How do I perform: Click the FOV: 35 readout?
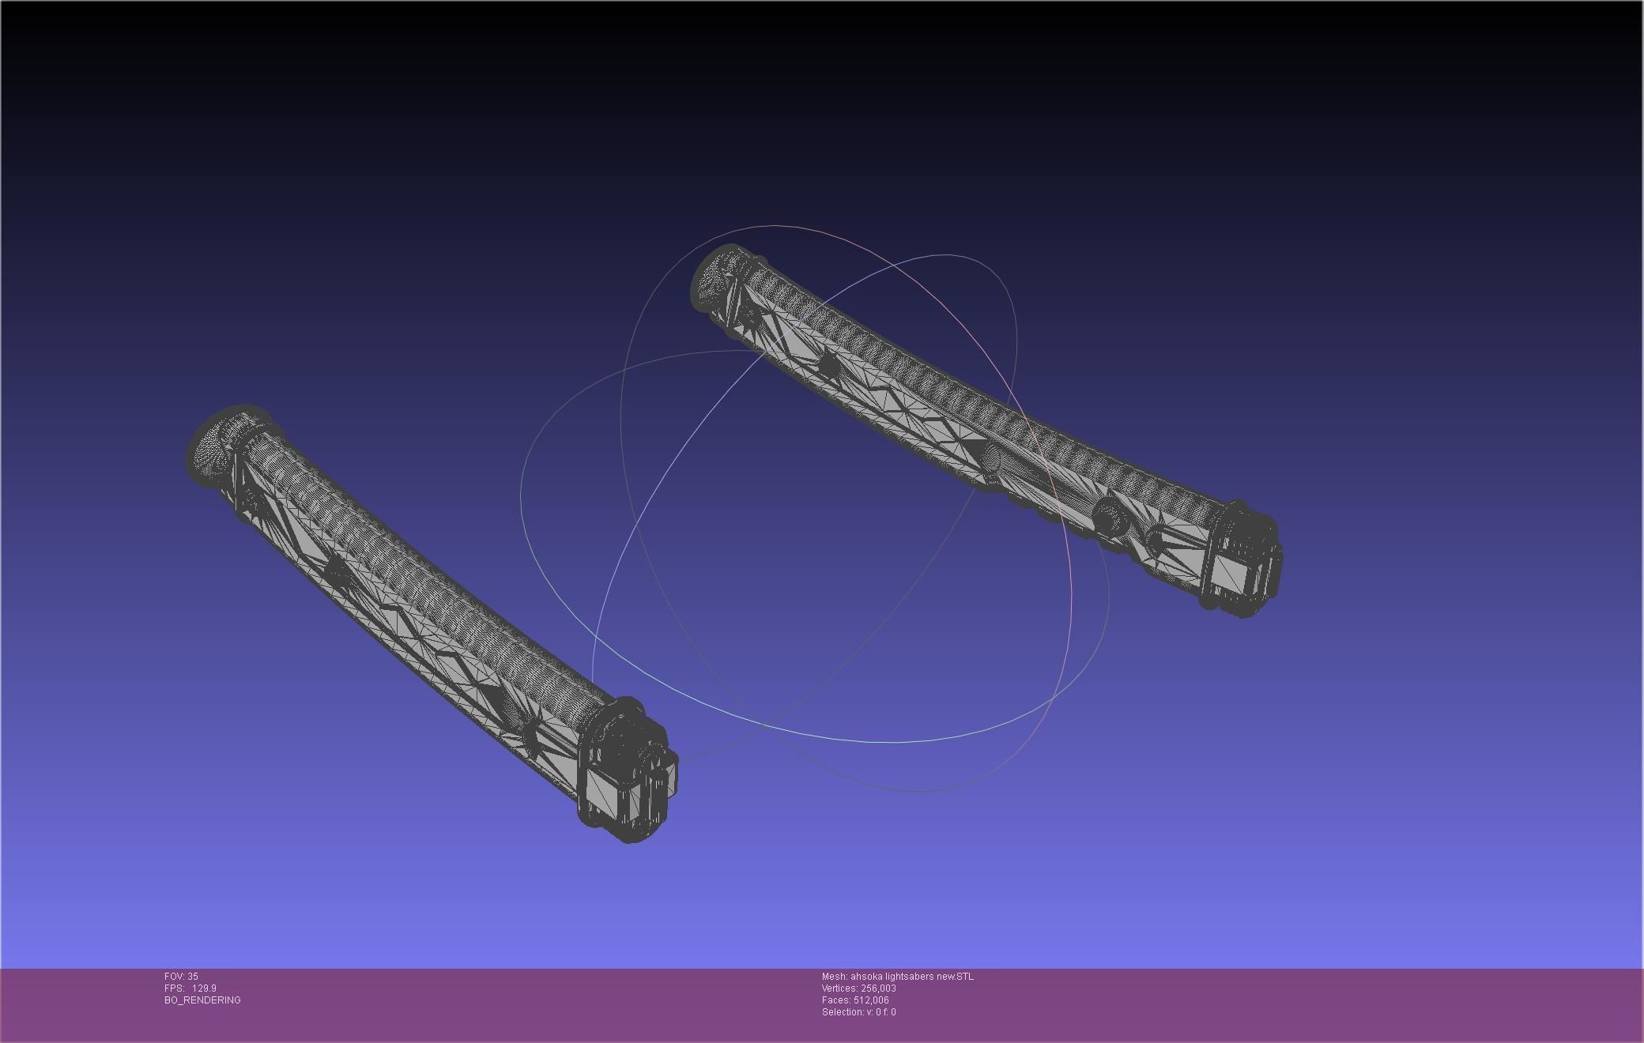pyautogui.click(x=181, y=977)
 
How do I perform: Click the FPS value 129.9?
pyautogui.click(x=204, y=988)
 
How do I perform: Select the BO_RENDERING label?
pyautogui.click(x=202, y=1000)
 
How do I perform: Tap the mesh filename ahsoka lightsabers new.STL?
pyautogui.click(x=912, y=977)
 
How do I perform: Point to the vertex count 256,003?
pyautogui.click(x=877, y=988)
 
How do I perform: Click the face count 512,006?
pyautogui.click(x=871, y=1000)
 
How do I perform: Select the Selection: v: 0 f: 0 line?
pyautogui.click(x=858, y=1012)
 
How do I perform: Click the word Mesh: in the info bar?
pyautogui.click(x=834, y=977)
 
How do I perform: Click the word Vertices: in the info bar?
pyautogui.click(x=839, y=988)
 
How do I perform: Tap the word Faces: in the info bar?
pyautogui.click(x=835, y=1000)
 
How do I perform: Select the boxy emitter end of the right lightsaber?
pyautogui.click(x=1241, y=561)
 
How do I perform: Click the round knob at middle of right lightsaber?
pyautogui.click(x=992, y=457)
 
